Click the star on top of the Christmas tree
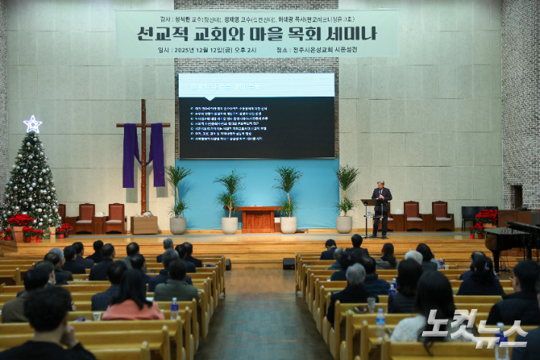(x=33, y=123)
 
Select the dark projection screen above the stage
(x=256, y=116)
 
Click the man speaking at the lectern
(x=382, y=205)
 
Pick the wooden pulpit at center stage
(x=259, y=219)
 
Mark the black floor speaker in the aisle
(x=289, y=263)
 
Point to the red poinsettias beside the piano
(x=485, y=219)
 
